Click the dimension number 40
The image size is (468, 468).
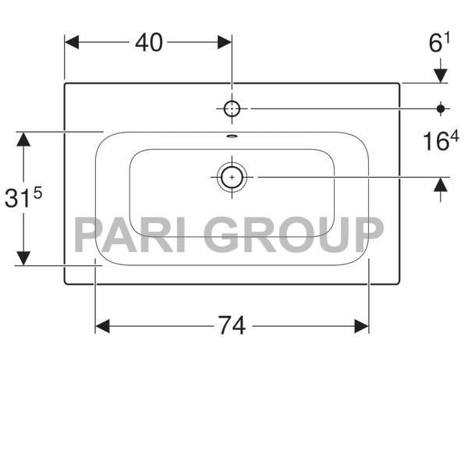tap(149, 43)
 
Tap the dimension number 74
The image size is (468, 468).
tap(232, 326)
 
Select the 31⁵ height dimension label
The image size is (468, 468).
tap(23, 198)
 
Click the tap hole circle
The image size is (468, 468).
tap(232, 108)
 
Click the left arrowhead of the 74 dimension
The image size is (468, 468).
tap(102, 326)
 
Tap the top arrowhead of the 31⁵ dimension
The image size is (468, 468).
tap(23, 140)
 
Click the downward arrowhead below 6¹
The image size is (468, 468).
tap(441, 75)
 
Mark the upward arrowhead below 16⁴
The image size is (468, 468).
tap(441, 185)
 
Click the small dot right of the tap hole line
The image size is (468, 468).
tap(441, 108)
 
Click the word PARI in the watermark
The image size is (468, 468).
tap(129, 234)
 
